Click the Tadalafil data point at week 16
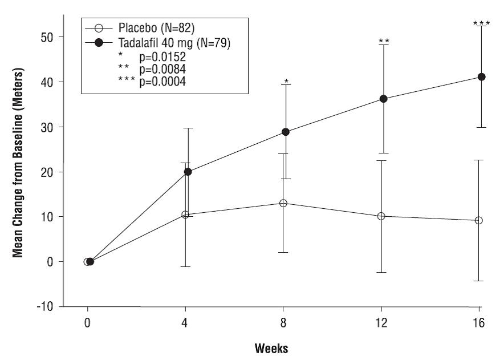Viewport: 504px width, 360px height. (x=481, y=77)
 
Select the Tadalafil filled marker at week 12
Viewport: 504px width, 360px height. (x=383, y=99)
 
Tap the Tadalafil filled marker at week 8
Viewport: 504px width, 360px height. (x=286, y=132)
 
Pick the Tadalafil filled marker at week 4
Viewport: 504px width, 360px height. (x=188, y=172)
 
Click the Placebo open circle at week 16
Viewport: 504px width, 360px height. (x=479, y=220)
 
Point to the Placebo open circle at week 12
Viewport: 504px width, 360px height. (x=381, y=216)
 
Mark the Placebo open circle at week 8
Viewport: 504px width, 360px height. (x=283, y=203)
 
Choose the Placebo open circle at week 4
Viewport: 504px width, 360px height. (x=185, y=215)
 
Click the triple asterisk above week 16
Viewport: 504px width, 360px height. (x=482, y=23)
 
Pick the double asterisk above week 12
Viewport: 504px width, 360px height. (x=384, y=41)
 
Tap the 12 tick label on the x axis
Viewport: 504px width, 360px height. (x=381, y=323)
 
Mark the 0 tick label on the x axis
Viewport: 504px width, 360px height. (x=88, y=323)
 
